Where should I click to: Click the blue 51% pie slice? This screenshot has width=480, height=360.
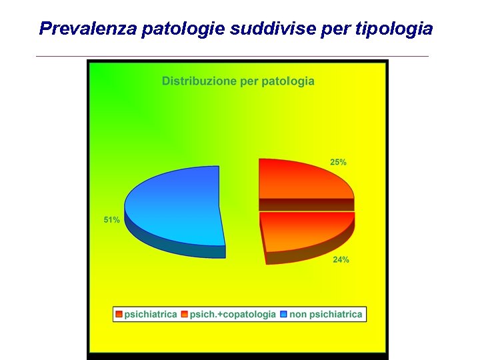(177, 203)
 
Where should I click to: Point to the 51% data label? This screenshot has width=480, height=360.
(111, 220)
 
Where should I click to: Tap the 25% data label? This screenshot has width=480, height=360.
(338, 162)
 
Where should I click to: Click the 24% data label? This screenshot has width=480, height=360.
(341, 260)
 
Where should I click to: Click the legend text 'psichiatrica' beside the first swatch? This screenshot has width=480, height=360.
(151, 314)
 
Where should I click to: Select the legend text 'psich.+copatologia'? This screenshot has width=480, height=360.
(233, 314)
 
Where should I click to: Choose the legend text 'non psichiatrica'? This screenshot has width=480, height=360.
(326, 314)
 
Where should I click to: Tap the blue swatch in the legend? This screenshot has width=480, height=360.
(284, 314)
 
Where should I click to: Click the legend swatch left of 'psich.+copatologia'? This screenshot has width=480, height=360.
(185, 314)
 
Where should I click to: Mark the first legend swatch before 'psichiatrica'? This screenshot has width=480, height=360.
(119, 314)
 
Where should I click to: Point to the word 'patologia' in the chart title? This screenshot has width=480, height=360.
(288, 81)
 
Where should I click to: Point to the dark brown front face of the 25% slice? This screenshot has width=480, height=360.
(307, 205)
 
